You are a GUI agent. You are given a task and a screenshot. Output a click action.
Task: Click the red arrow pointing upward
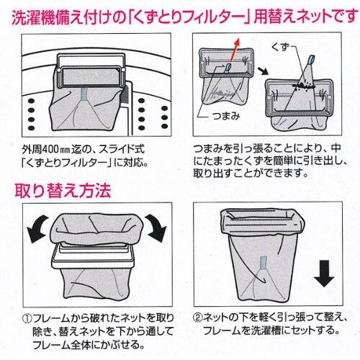coord(235,50)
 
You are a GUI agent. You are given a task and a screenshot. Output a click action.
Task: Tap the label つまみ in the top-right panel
coord(226,117)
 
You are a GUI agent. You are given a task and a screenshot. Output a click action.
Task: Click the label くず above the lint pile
coord(279,47)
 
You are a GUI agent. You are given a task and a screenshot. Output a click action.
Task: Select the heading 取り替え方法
coord(63,191)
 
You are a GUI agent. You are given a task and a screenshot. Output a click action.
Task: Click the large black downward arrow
coord(324,274)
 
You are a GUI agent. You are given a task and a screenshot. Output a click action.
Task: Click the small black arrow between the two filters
coord(264,71)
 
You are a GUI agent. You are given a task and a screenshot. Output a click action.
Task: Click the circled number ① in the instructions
coord(27,319)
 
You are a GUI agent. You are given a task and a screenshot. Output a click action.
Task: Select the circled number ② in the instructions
coord(197,318)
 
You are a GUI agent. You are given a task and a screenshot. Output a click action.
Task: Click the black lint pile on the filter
coord(304,84)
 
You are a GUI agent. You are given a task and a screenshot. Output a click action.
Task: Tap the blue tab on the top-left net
coord(85,94)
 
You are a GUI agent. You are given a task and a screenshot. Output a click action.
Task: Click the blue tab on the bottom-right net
coord(264,262)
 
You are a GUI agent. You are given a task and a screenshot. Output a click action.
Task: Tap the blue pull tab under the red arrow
coord(228,67)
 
